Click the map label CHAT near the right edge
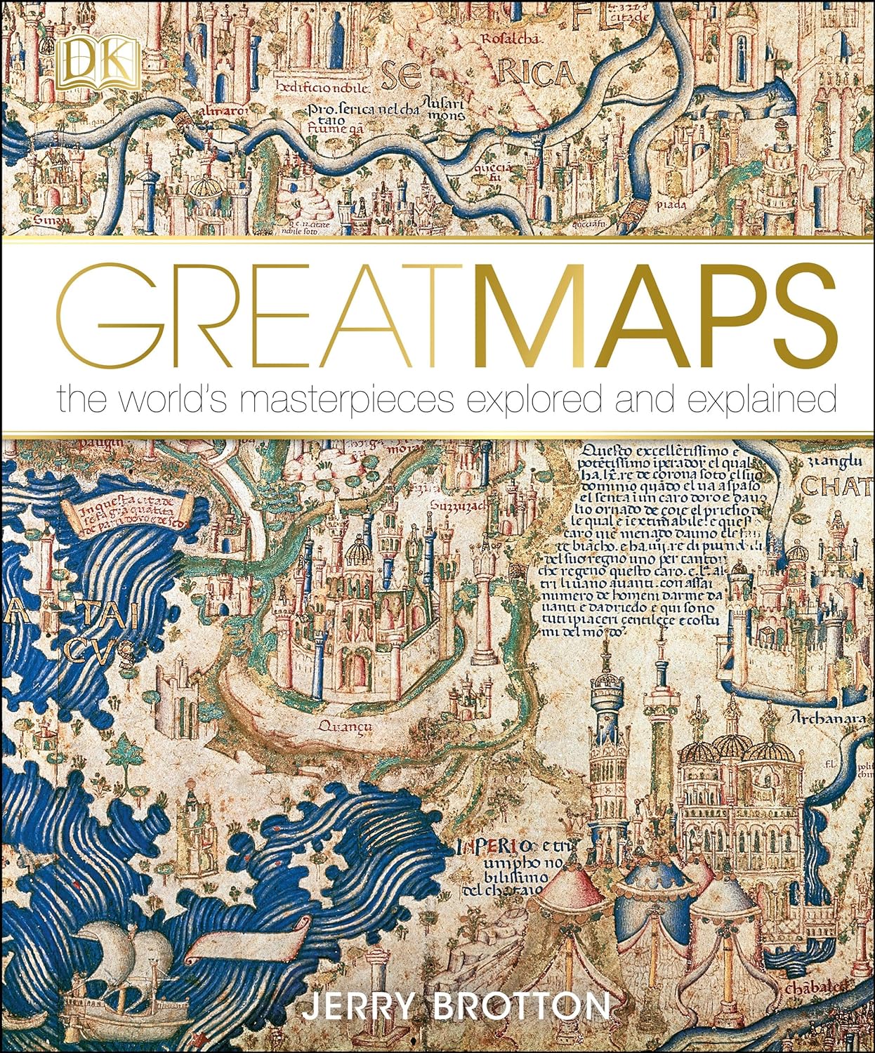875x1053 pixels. [x=836, y=486]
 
